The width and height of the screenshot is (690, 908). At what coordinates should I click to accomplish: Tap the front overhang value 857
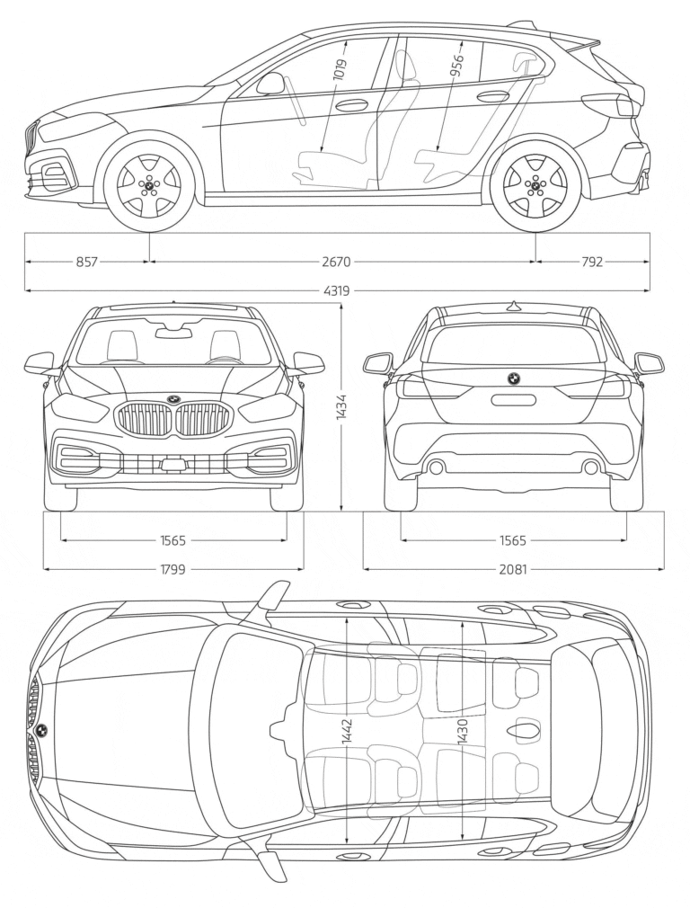coord(86,262)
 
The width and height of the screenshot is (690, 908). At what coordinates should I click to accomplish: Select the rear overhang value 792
coord(592,262)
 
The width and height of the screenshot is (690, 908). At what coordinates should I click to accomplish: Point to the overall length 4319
coord(338,290)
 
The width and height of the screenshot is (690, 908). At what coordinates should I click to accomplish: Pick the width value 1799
coord(172,569)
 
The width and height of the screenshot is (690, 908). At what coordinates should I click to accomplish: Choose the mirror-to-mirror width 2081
coord(513,569)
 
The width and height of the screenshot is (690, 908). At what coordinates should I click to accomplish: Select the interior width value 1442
coord(347,733)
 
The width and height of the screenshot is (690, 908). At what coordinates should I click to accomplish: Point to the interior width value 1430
coord(463,733)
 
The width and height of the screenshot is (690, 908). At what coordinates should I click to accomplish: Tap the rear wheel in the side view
coord(536,185)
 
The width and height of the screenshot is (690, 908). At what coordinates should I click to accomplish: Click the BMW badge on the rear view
coord(514,378)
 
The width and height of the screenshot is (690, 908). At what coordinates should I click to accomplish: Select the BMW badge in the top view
coord(40,729)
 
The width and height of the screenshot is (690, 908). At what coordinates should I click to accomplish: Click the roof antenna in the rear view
coord(513,306)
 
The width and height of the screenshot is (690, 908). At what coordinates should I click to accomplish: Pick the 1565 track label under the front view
coord(172,540)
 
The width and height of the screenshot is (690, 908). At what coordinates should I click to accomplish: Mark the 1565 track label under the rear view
coord(513,540)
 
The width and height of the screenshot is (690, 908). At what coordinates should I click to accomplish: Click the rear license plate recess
coord(513,400)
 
